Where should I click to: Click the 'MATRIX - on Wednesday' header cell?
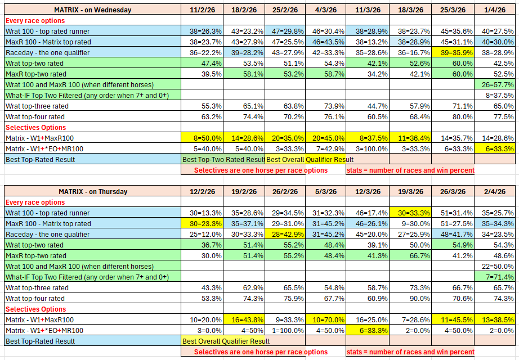(x=92, y=10)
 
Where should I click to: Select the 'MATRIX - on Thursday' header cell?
(x=92, y=191)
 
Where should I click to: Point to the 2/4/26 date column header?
(x=495, y=191)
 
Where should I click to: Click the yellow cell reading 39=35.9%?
(x=453, y=52)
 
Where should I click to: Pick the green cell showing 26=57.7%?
(x=495, y=84)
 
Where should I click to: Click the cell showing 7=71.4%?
(x=495, y=277)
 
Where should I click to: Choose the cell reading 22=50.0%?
(x=495, y=266)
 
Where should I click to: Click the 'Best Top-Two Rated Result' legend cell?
(x=223, y=159)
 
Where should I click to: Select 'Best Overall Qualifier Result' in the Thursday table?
(x=226, y=341)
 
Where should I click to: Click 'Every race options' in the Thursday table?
(x=35, y=202)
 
